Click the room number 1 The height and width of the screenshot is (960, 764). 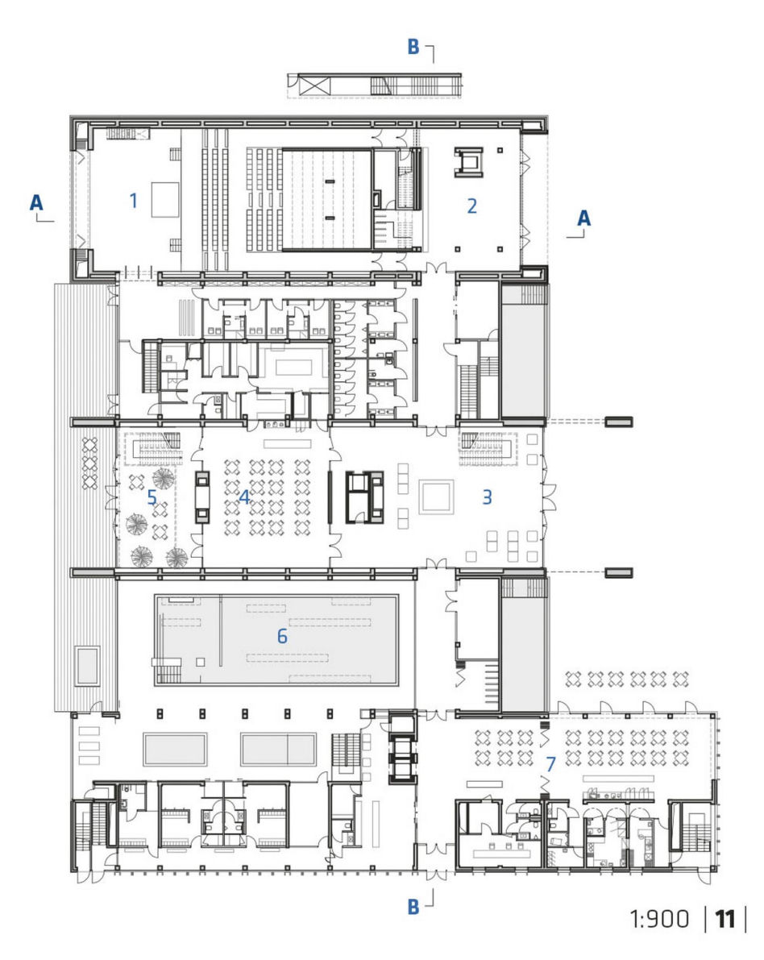[134, 200]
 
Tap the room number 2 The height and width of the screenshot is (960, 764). [472, 206]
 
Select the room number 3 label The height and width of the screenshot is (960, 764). [488, 497]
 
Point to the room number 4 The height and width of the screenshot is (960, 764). [244, 497]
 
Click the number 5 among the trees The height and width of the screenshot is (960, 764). [152, 497]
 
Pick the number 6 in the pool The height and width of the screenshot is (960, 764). [282, 636]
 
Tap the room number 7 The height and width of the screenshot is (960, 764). [551, 764]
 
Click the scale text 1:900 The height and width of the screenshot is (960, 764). [659, 919]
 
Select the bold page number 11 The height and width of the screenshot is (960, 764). [725, 919]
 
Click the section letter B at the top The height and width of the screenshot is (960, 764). [414, 47]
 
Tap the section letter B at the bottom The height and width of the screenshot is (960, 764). [414, 907]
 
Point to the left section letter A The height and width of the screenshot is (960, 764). [37, 202]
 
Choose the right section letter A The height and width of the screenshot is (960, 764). [584, 218]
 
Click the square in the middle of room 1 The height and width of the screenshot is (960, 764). [165, 200]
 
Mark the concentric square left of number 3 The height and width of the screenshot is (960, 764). [437, 497]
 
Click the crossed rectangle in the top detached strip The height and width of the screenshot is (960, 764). [314, 85]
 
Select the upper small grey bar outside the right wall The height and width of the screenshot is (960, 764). [619, 422]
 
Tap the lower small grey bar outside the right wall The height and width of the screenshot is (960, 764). [619, 573]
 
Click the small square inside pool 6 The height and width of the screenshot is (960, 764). [200, 662]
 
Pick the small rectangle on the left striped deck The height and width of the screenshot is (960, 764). [87, 666]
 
